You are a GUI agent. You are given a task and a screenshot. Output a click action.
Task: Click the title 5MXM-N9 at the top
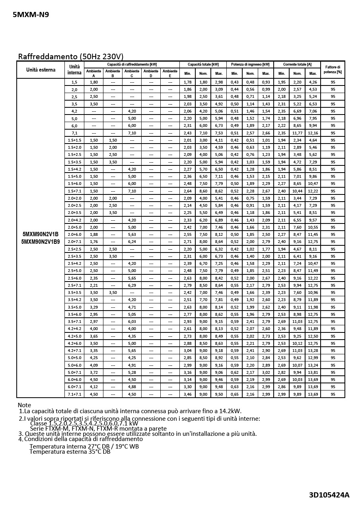(x=31, y=15)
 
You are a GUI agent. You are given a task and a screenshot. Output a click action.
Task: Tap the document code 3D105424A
(x=329, y=495)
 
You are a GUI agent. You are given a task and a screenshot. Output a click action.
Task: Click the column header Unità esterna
(x=41, y=70)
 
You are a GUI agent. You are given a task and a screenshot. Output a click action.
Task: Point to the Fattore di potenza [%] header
(x=333, y=70)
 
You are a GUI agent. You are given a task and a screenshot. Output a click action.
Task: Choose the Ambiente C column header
(x=132, y=73)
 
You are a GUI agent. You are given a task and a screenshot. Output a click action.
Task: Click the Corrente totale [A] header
(x=297, y=64)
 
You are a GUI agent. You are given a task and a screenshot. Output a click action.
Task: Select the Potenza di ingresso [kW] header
(x=250, y=64)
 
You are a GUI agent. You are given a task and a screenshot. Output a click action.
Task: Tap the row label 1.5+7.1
(x=74, y=191)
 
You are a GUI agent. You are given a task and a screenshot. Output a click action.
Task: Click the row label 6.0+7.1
(x=74, y=387)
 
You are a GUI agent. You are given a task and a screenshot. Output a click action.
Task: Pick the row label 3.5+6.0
(x=74, y=314)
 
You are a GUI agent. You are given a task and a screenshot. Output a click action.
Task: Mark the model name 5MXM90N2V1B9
(x=41, y=241)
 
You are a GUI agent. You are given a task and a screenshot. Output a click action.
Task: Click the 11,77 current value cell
(x=297, y=133)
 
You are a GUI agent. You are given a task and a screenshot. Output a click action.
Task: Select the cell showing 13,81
(x=313, y=372)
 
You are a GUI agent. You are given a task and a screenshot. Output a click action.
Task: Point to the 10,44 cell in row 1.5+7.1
(x=297, y=191)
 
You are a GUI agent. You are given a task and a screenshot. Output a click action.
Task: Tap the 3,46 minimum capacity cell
(x=187, y=394)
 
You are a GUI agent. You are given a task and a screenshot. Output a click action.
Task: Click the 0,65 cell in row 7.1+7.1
(x=235, y=394)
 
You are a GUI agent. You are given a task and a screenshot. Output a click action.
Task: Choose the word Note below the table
(x=24, y=405)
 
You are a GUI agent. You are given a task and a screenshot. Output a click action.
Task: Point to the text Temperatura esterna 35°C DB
(x=70, y=452)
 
